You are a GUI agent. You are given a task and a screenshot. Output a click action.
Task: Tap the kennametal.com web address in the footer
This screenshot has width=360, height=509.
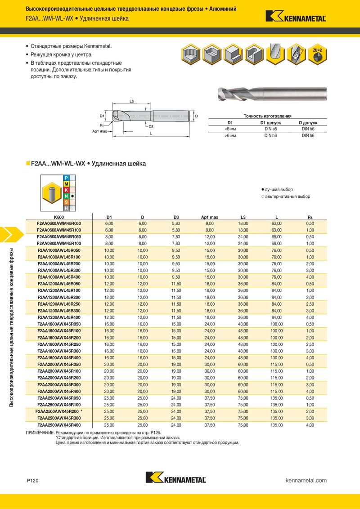(x=306, y=481)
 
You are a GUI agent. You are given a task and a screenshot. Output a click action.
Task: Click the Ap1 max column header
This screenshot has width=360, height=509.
(x=209, y=217)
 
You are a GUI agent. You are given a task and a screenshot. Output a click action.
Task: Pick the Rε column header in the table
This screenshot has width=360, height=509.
(x=310, y=217)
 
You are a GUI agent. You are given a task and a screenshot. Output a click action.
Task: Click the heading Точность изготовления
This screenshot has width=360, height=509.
(x=267, y=116)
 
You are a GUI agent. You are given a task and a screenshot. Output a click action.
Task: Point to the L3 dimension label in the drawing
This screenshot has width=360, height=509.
(x=131, y=102)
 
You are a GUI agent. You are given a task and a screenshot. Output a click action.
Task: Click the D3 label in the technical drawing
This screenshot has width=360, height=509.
(x=151, y=127)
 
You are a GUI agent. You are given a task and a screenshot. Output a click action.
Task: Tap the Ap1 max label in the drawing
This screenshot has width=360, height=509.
(x=99, y=131)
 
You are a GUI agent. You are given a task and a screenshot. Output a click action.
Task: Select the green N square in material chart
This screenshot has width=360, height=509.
(x=66, y=196)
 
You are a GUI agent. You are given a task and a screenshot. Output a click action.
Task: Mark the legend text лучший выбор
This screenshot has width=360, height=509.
(x=279, y=190)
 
